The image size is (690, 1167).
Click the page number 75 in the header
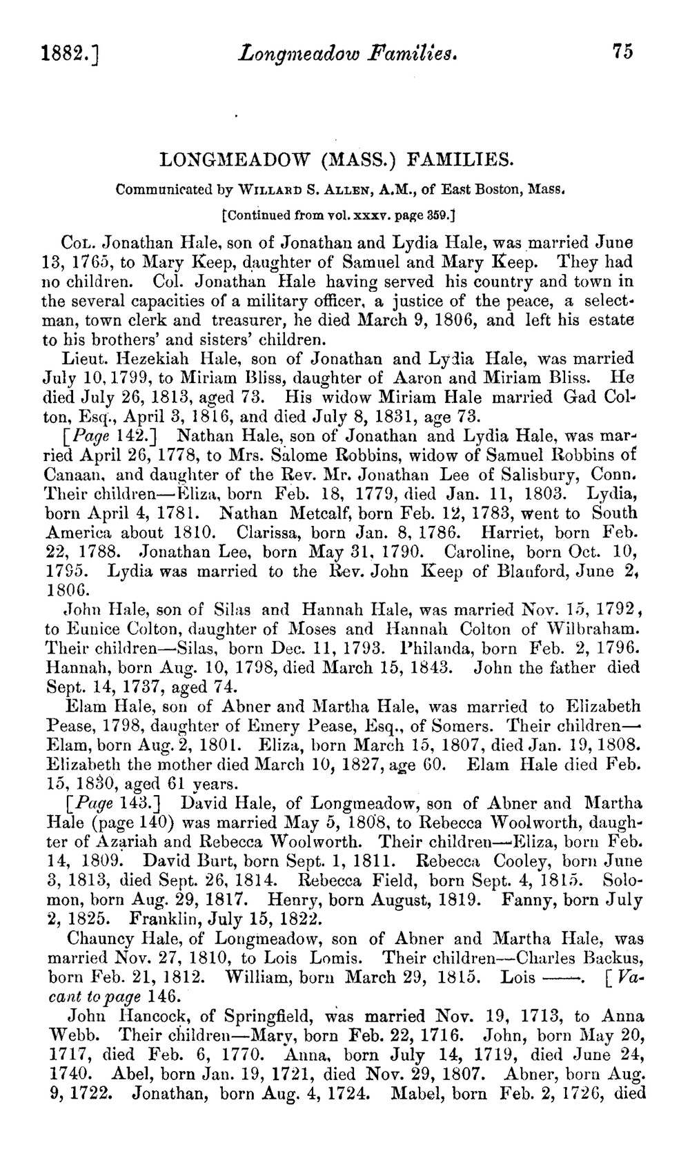pos(621,52)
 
